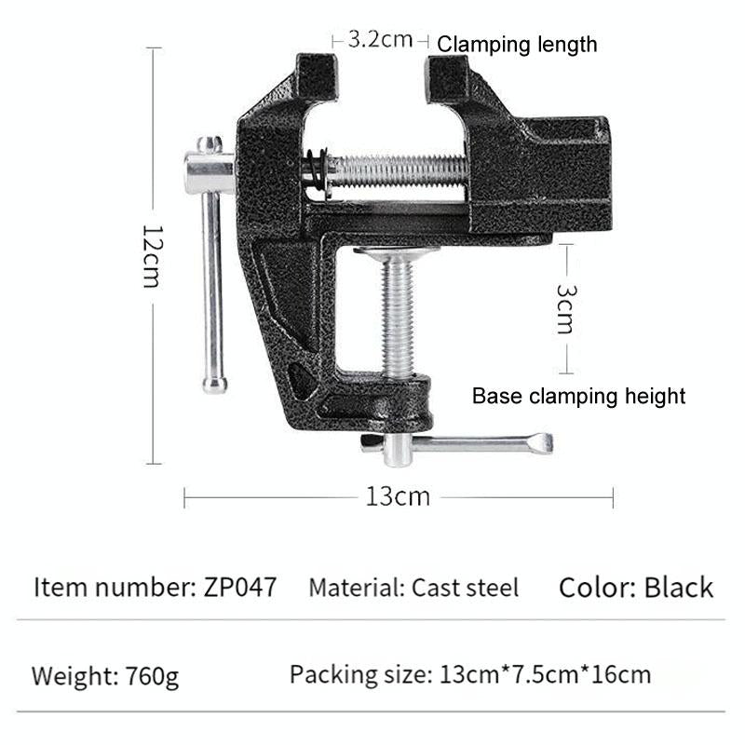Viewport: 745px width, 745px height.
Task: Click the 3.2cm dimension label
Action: point(379,40)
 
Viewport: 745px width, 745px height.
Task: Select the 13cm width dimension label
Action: point(398,496)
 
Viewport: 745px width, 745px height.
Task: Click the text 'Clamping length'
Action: point(517,44)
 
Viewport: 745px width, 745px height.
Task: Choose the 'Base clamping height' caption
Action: point(578,396)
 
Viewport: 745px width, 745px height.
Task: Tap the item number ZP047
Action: point(239,588)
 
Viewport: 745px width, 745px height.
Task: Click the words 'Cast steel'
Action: point(466,588)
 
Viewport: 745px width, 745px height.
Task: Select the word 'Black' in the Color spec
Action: point(678,587)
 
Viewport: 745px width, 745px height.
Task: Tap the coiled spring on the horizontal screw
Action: point(316,174)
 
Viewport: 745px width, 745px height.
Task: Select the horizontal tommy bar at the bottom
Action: point(466,443)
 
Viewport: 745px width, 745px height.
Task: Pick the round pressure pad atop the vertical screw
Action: point(398,251)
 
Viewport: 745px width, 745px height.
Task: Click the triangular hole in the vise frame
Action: point(301,380)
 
